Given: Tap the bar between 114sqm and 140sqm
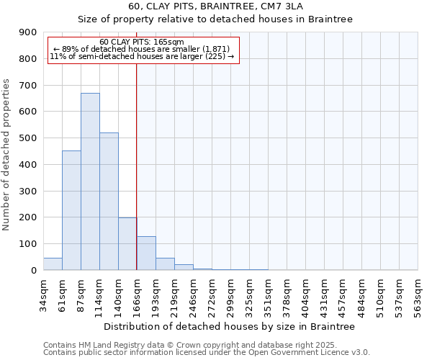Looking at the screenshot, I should [x=109, y=202].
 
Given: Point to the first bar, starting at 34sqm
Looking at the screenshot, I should [x=53, y=264].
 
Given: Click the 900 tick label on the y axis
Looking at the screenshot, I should [x=28, y=32].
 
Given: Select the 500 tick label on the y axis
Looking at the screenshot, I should [x=28, y=138].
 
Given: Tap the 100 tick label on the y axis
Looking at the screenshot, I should [x=28, y=244].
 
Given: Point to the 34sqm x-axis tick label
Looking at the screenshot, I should [x=43, y=294].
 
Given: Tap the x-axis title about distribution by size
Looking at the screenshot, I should [x=230, y=326].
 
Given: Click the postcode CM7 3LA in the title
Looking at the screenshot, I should [x=267, y=6].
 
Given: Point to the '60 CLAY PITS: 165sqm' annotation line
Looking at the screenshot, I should [x=142, y=42].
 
